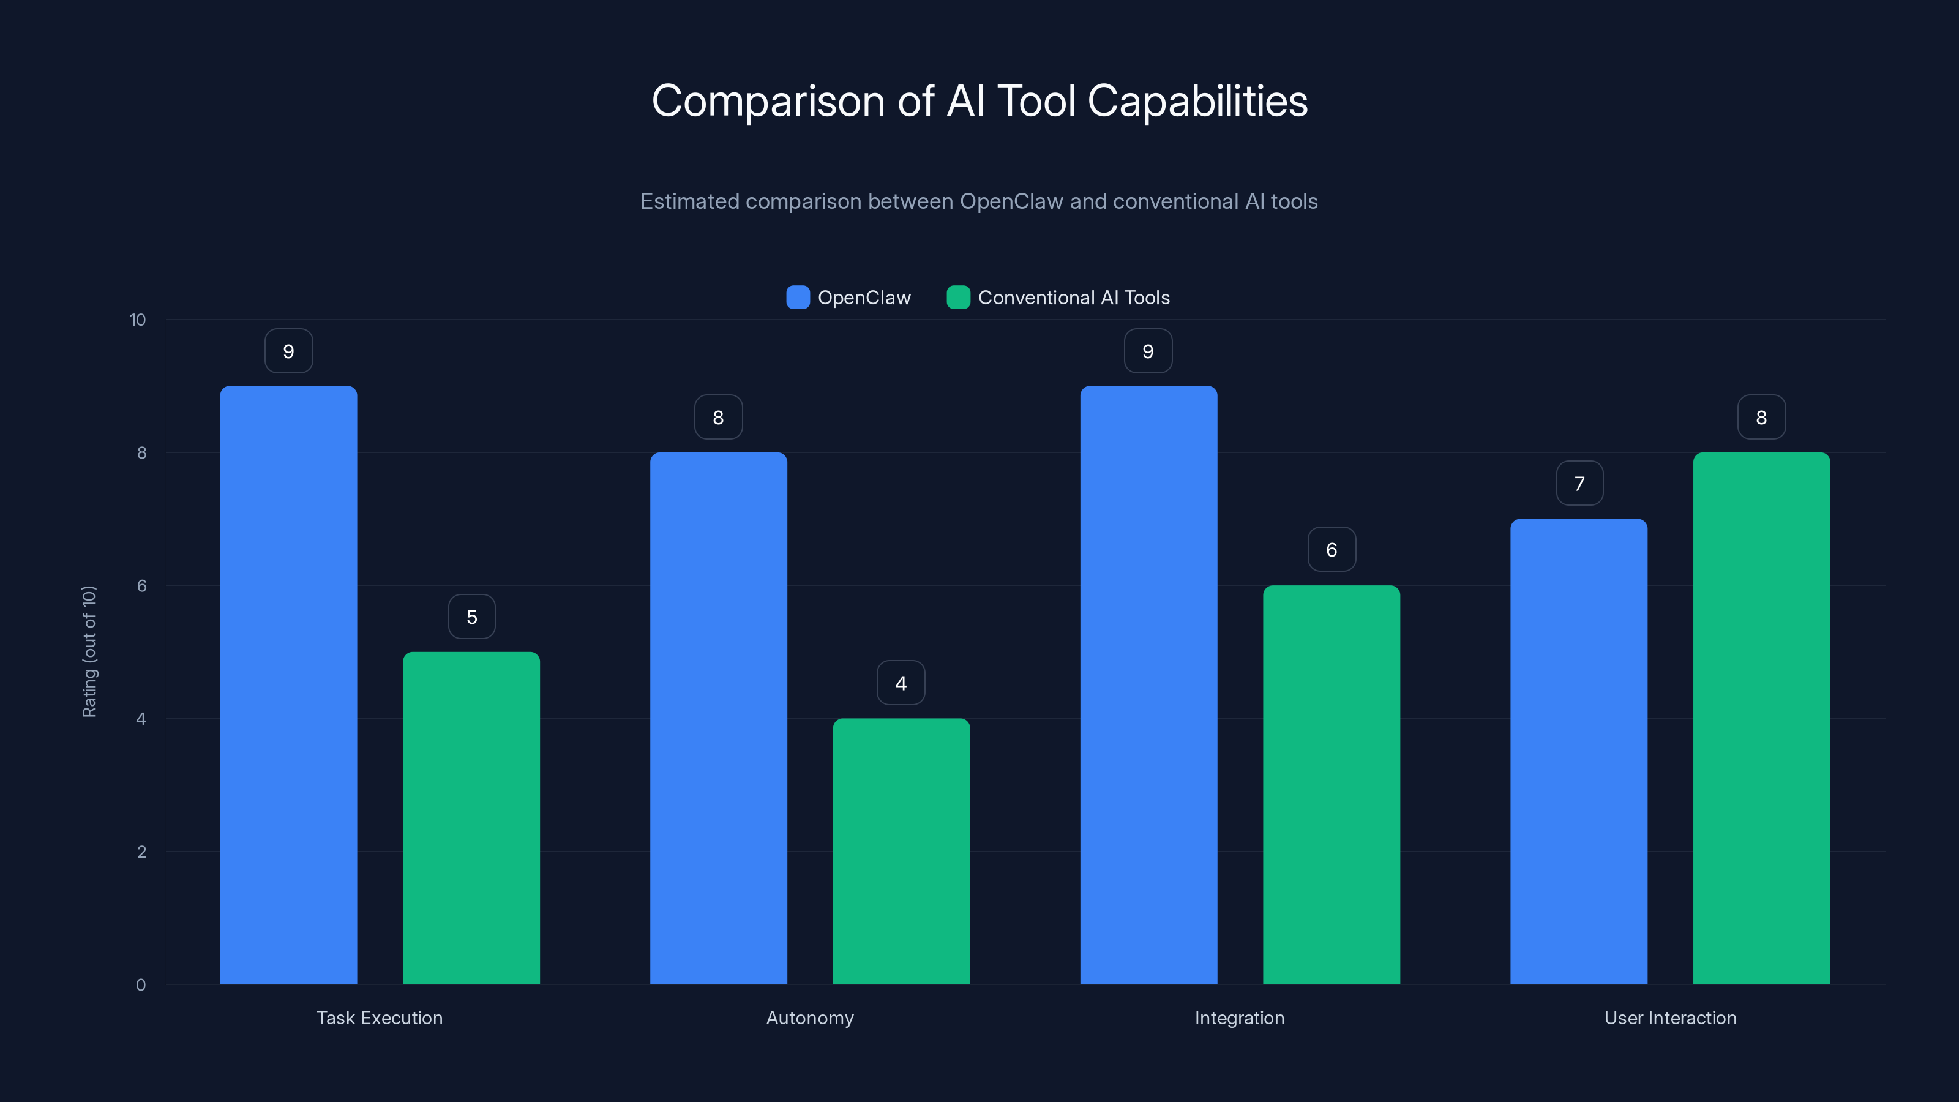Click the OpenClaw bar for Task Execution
pos(288,684)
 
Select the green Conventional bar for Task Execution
pos(471,817)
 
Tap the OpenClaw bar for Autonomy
pos(719,718)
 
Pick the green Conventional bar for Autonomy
pos(901,851)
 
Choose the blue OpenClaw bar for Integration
pos(1148,684)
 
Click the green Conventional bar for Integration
pos(1332,784)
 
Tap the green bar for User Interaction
pos(1761,718)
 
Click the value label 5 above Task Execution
pos(471,617)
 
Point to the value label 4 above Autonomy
pos(901,683)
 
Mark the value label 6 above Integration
pos(1332,550)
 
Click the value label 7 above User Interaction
pos(1579,484)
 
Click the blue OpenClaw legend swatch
pos(798,298)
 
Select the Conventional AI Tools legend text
pos(1074,298)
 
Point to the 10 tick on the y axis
pos(138,320)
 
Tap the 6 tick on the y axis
pos(141,586)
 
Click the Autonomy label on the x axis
pos(810,1018)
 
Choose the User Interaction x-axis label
pos(1670,1018)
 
